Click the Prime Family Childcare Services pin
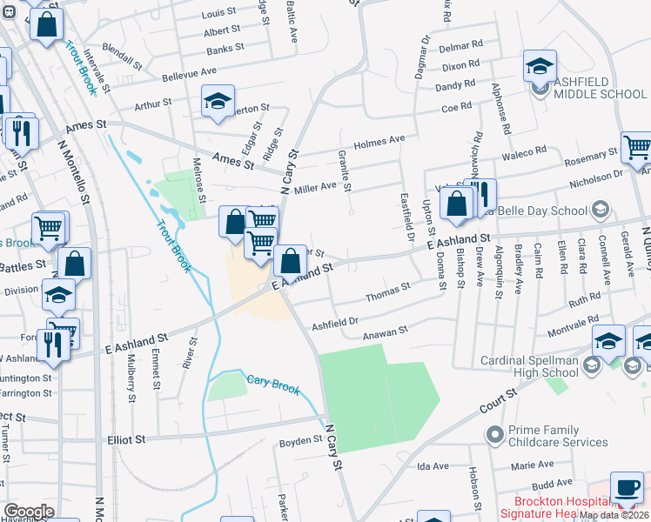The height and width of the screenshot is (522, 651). click(495, 433)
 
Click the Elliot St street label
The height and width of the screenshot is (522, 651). click(127, 440)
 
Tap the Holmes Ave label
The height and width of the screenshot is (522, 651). click(379, 140)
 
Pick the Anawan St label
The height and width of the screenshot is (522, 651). click(386, 331)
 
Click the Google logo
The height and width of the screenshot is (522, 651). click(28, 512)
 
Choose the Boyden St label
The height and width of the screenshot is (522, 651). click(301, 442)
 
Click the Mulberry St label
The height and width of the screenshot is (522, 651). click(131, 371)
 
